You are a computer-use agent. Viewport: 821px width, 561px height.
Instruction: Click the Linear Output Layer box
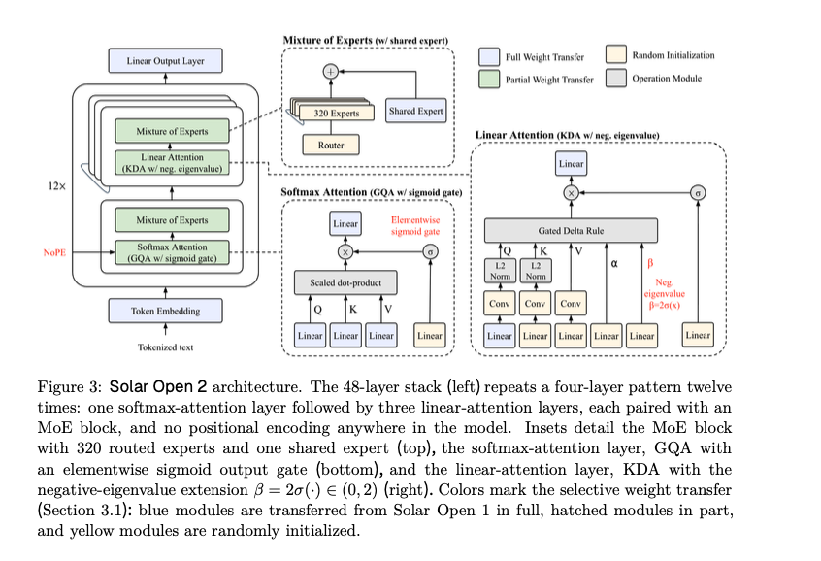(x=165, y=61)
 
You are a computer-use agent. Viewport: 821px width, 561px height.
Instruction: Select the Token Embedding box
(x=165, y=311)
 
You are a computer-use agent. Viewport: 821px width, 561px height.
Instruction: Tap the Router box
(x=331, y=145)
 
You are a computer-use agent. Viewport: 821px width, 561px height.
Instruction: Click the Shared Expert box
(x=415, y=111)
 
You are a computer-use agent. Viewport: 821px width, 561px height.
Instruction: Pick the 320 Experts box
(x=336, y=113)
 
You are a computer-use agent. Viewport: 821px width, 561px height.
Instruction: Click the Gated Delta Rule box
(x=571, y=230)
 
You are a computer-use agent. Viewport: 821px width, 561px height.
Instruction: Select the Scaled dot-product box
(x=345, y=282)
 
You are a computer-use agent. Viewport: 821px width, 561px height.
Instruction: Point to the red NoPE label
(x=54, y=252)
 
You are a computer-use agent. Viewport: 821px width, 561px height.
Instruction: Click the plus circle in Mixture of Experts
(x=330, y=71)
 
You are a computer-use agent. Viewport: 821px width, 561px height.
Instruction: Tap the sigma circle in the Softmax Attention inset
(x=431, y=252)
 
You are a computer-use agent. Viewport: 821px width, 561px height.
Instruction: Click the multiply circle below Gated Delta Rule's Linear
(x=571, y=193)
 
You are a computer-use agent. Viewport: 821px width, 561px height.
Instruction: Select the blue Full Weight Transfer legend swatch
(x=489, y=56)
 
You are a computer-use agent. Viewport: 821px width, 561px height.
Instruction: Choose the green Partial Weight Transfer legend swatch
(x=489, y=79)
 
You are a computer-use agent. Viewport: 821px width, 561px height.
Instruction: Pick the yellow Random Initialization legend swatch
(x=616, y=54)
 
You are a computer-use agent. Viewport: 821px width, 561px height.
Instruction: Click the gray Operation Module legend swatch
(x=616, y=78)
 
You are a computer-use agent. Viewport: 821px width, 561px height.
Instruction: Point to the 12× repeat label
(x=56, y=186)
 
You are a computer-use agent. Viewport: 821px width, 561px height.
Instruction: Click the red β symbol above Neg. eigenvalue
(x=650, y=263)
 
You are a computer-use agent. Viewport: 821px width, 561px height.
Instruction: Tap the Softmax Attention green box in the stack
(x=172, y=252)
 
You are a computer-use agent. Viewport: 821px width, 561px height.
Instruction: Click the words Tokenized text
(x=165, y=347)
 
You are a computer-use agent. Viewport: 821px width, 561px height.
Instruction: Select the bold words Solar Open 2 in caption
(x=157, y=387)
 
